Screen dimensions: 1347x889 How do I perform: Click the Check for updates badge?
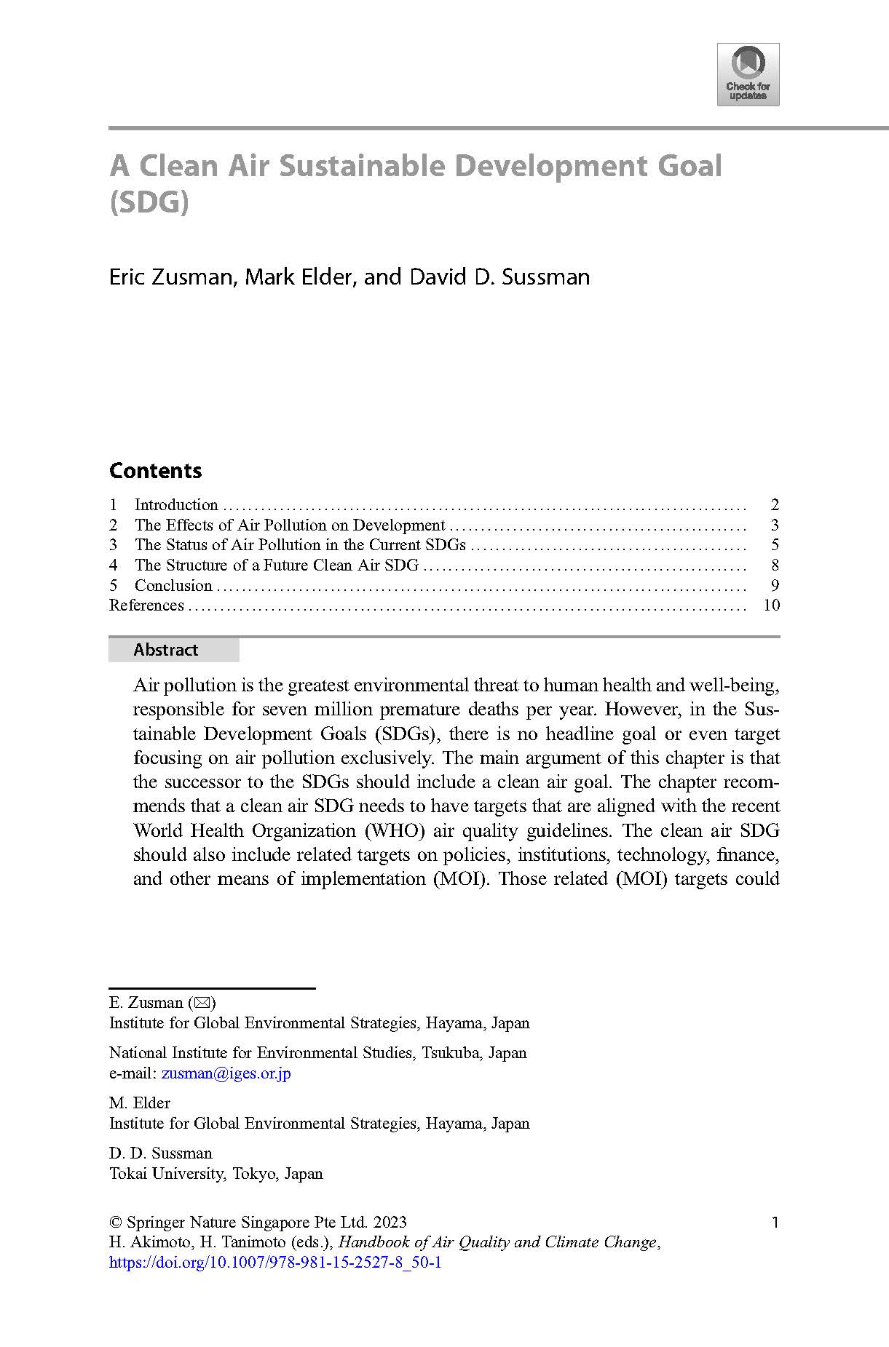(x=748, y=74)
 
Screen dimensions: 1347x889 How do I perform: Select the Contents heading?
(x=155, y=471)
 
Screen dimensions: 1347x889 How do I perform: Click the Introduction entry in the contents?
(x=176, y=505)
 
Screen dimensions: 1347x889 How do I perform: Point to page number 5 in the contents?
(x=775, y=545)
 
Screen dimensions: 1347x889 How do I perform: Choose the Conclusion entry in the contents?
(x=173, y=586)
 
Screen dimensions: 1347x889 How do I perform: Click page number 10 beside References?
(x=771, y=605)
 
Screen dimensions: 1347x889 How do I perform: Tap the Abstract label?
(x=166, y=650)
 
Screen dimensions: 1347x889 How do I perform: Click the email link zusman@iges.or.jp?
(x=226, y=1073)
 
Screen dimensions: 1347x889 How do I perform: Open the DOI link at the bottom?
(x=275, y=1263)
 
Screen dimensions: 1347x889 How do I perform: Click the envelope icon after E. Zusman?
(x=202, y=1003)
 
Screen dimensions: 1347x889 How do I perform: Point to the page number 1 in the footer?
(x=775, y=1223)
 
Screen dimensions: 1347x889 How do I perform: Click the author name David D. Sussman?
(x=499, y=277)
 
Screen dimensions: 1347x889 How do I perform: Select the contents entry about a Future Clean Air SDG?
(x=277, y=565)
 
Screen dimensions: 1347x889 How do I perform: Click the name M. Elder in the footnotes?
(x=139, y=1103)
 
